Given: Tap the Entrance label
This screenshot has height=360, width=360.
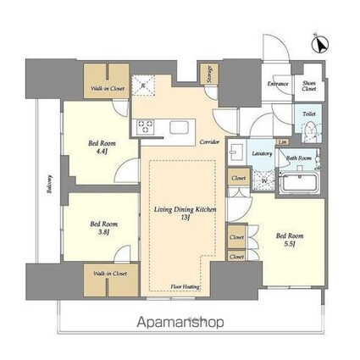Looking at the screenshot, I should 278,85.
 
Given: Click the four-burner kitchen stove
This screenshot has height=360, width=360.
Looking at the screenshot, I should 143,127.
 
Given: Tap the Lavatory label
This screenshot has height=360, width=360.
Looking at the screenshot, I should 262,153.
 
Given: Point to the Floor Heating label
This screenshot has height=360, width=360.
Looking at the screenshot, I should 186,287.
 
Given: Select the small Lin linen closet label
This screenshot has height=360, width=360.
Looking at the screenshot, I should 280,142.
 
